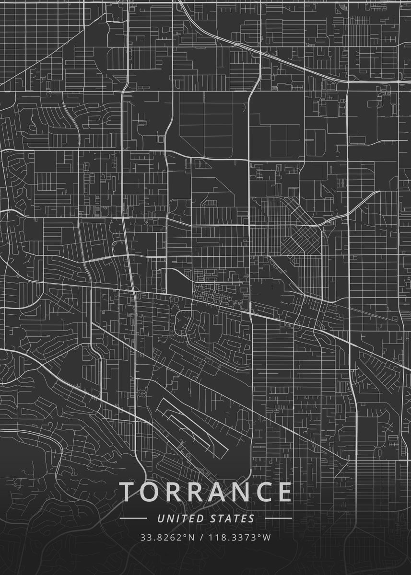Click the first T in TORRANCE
127,492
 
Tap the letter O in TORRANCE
151,492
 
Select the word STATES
232,518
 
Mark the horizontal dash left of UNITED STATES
133,518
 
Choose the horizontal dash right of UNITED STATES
278,518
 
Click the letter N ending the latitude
191,537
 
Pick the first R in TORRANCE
173,492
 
